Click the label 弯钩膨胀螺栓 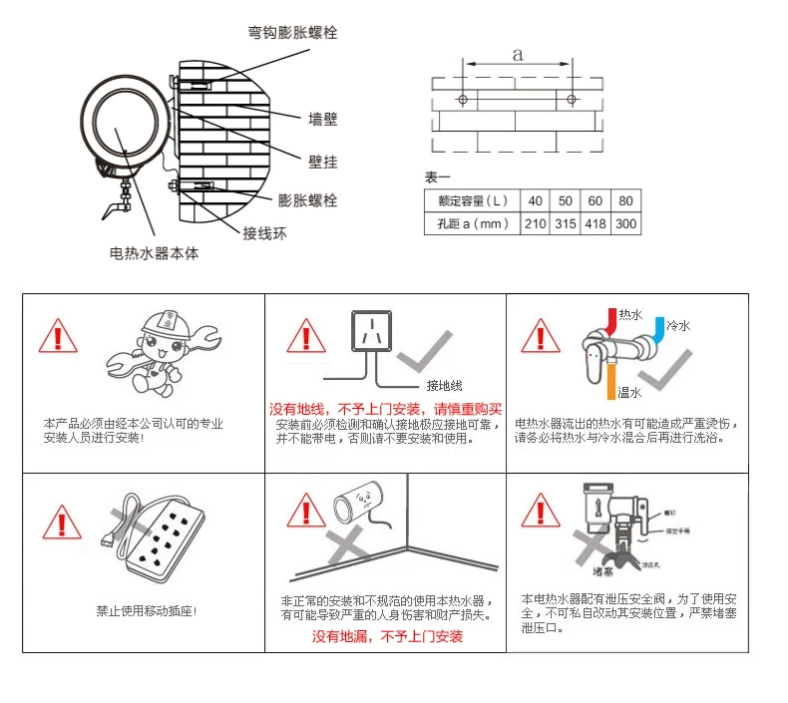click(x=293, y=32)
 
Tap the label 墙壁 click(x=323, y=119)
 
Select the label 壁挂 click(x=323, y=159)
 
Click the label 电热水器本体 click(x=154, y=253)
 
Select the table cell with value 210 click(x=536, y=223)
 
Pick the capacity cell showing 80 click(x=625, y=200)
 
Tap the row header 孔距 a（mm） click(x=472, y=223)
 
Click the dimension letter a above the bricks click(x=517, y=56)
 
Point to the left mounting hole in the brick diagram click(x=463, y=100)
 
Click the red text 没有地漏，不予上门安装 click(x=387, y=636)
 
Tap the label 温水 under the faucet click(x=629, y=391)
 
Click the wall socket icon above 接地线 click(x=372, y=331)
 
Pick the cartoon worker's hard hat click(x=158, y=321)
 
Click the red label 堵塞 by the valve click(x=603, y=572)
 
